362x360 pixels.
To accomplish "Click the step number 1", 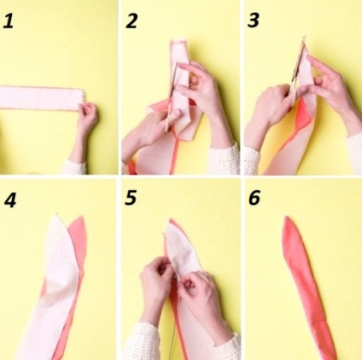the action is (x=8, y=21).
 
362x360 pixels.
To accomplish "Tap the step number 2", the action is (x=131, y=20).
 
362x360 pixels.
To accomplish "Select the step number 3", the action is (x=254, y=20).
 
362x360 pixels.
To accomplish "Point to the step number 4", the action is (x=10, y=200).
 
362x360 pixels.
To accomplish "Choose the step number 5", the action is (x=131, y=198).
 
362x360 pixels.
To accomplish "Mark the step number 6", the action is (x=254, y=198).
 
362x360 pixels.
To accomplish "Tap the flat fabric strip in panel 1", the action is (x=41, y=98).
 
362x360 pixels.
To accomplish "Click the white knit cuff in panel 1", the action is (x=73, y=167).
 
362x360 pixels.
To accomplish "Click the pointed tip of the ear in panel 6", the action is (x=286, y=218).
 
